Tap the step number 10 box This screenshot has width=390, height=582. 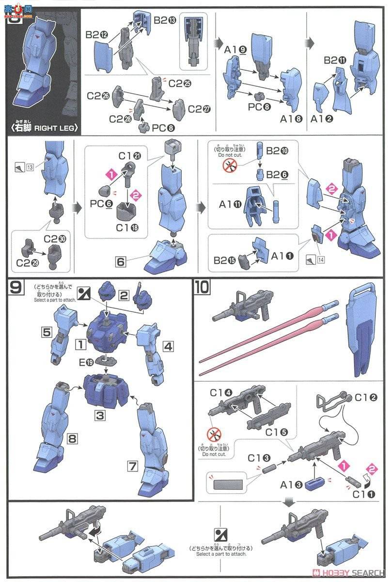pos(203,288)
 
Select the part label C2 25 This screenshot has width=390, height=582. pos(179,83)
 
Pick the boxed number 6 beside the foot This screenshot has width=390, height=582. pos(121,261)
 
